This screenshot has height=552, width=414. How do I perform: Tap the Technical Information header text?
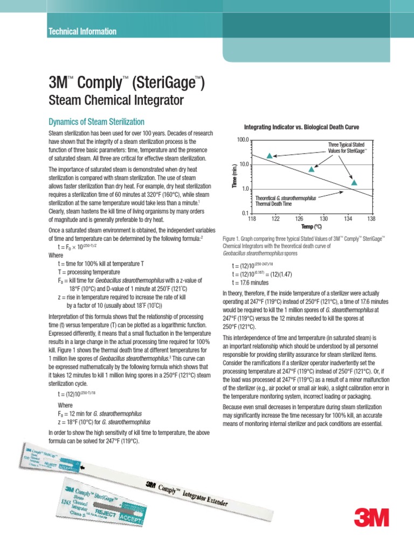(82, 31)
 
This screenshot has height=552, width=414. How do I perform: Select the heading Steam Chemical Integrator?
(116, 100)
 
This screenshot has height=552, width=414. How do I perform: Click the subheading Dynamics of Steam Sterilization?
(96, 122)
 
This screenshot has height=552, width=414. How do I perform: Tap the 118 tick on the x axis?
(251, 219)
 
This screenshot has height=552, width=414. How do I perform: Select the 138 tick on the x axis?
(371, 219)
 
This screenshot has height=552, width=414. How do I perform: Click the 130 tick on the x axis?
(323, 219)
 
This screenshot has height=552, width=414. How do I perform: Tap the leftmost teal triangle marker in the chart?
(270, 155)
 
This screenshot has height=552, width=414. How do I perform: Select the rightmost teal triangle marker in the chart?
(354, 182)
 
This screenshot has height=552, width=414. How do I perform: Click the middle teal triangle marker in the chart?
(311, 169)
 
